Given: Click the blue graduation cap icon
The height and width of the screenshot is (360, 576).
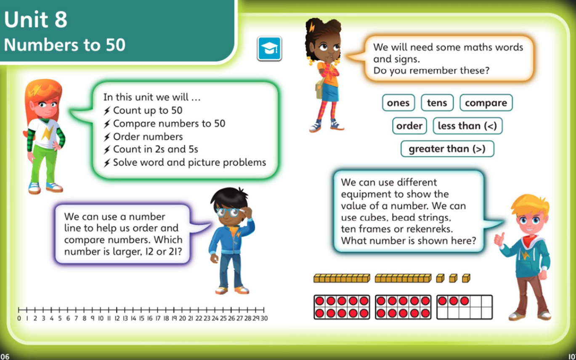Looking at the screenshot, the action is tap(269, 48).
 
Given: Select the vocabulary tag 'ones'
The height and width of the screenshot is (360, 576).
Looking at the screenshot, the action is tap(398, 103).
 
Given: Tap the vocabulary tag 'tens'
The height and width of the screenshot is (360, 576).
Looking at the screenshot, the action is tap(437, 103).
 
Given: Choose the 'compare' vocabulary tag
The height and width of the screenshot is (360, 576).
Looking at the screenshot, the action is tap(486, 103).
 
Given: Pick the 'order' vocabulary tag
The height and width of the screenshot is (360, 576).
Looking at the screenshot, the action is tap(409, 126).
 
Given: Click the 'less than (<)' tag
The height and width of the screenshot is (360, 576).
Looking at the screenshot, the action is tap(467, 126).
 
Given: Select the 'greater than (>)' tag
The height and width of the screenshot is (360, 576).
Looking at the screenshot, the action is tap(447, 149).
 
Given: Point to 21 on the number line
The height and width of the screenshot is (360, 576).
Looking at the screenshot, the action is tap(190, 318).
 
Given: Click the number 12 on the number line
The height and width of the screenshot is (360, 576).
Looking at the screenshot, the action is tap(117, 318).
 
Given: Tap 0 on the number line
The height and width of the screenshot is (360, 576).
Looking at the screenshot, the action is tap(19, 318).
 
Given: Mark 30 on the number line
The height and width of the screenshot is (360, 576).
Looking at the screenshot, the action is tap(264, 318).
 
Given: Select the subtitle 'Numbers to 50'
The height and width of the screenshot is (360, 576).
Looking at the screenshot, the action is tap(64, 45).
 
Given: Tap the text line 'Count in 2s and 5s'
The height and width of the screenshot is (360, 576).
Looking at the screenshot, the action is tap(155, 149).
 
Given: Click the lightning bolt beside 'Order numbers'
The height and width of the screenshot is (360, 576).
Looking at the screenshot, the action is tap(107, 137).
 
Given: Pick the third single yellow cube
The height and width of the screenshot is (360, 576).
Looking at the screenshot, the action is tap(466, 278).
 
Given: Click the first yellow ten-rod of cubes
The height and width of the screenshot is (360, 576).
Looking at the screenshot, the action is tap(342, 278).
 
